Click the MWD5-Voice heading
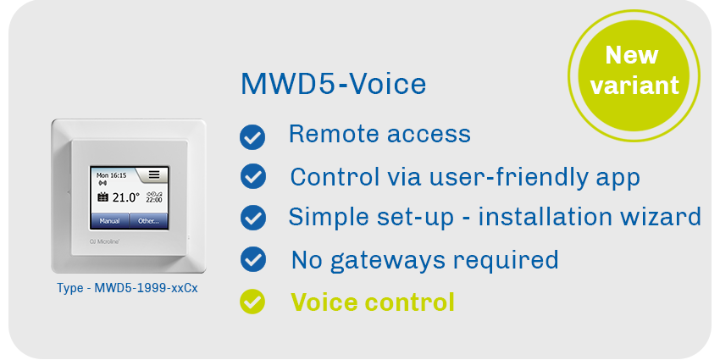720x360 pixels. tap(334, 84)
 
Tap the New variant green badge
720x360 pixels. tap(634, 75)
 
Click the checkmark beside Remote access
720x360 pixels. tap(252, 137)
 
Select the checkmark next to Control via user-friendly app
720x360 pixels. tap(253, 176)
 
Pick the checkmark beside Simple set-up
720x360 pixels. tap(253, 218)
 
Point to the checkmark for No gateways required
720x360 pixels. tap(253, 259)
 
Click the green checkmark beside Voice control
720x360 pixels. tap(252, 302)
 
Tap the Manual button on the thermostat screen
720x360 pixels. tap(109, 221)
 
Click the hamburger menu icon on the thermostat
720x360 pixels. tap(154, 174)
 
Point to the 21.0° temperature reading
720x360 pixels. tap(126, 198)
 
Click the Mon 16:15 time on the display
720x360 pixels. tap(111, 175)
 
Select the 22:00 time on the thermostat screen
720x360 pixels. tap(154, 200)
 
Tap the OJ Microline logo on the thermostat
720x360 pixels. tap(104, 241)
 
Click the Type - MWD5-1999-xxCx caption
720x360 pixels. tap(127, 288)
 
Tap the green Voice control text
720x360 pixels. tap(373, 302)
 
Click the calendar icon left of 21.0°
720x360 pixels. tap(102, 198)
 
